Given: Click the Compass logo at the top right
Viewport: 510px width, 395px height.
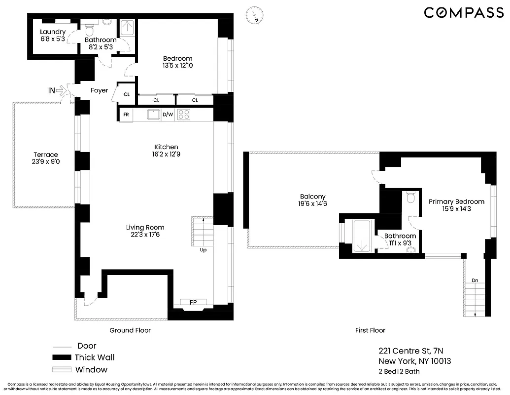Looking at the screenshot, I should point(464,13).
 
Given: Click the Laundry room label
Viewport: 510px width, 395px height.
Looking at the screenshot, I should point(53,32).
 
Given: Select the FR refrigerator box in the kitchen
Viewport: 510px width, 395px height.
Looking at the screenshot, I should point(126,115).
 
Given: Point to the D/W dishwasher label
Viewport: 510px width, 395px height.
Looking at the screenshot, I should point(168,115).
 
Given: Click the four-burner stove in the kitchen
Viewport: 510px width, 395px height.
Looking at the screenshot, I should point(184,115).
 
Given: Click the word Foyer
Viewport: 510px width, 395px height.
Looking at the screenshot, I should point(99,90).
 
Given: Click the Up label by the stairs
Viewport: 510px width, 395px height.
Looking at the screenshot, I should point(203,250).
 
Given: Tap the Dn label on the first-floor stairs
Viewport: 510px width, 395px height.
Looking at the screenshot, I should point(475,280).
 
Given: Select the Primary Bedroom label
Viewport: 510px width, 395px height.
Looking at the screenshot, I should point(456,201).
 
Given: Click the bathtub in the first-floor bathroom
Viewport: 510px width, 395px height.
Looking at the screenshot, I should point(362,236).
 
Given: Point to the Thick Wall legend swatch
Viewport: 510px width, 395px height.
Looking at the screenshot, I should point(61,357).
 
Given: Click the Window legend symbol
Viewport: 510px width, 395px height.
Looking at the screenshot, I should point(61,370).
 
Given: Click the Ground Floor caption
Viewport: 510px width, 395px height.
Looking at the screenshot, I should point(130,330).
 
